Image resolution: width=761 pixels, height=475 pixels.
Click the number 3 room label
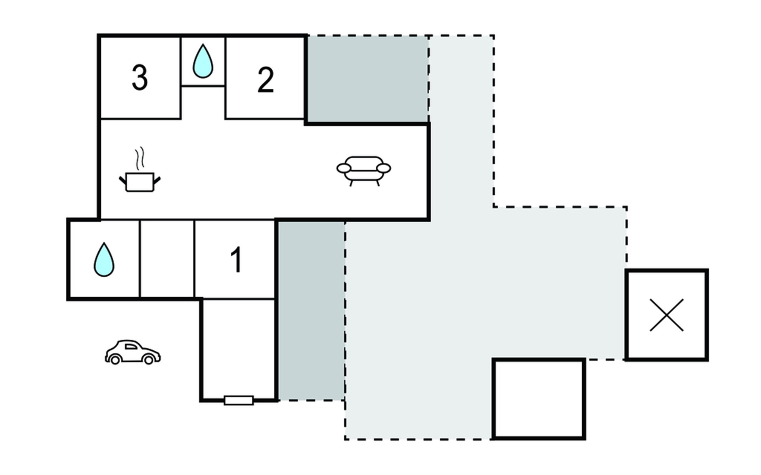point(140,78)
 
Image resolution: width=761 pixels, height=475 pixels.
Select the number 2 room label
point(266,80)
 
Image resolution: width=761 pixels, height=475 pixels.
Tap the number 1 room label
point(236,260)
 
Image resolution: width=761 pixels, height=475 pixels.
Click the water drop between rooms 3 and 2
point(203,61)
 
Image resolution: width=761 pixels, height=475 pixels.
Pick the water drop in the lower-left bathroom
point(104,260)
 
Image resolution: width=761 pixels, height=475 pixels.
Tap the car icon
point(133,352)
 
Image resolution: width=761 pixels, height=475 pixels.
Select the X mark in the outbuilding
point(667,315)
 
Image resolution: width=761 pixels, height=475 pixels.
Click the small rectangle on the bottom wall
point(239,400)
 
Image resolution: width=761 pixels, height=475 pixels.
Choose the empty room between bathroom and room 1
point(167,259)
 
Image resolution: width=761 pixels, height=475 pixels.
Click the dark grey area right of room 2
point(368,79)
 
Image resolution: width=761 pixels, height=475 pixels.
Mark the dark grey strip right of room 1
point(311,311)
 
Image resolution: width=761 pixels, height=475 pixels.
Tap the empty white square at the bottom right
point(539,399)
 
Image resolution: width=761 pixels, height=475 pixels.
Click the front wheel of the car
point(149,359)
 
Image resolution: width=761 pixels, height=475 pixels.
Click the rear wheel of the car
point(115,359)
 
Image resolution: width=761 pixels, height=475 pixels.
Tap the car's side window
point(131,347)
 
